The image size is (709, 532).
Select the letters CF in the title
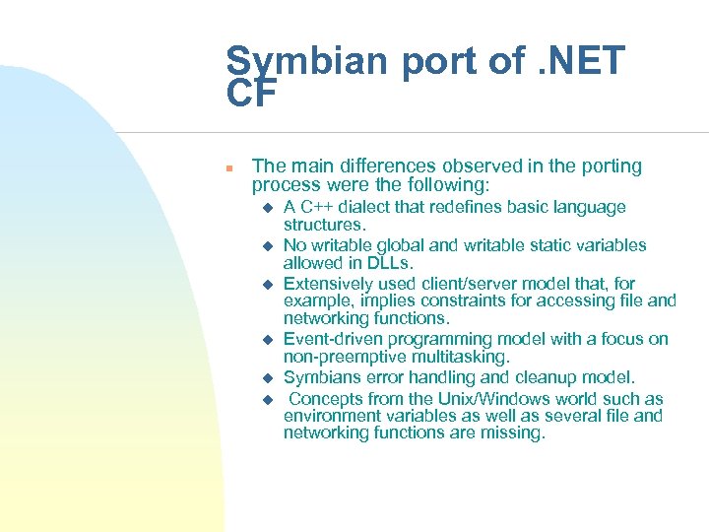253,96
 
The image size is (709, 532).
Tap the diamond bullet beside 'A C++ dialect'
265,208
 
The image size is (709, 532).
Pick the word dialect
370,207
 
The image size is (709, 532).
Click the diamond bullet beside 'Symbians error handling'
265,378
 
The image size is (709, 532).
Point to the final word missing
509,432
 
